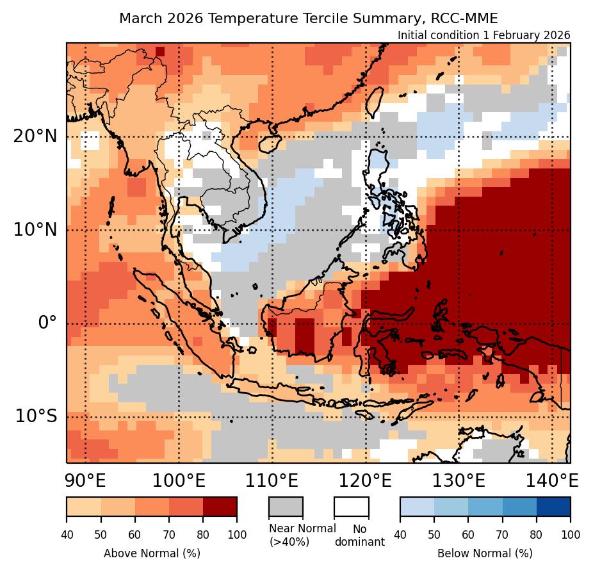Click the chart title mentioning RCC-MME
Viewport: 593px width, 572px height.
tap(308, 18)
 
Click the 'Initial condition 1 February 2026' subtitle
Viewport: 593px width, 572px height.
tap(483, 35)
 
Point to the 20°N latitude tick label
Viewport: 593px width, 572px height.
tap(35, 136)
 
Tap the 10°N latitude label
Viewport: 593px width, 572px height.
tap(35, 229)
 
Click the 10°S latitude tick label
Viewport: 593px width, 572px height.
tap(36, 416)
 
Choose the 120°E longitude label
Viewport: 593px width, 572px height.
tap(366, 480)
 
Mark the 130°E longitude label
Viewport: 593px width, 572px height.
tap(459, 480)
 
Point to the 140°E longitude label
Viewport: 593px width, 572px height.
tap(551, 480)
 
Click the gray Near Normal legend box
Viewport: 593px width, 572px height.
tap(285, 506)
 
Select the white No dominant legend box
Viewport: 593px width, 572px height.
tap(351, 506)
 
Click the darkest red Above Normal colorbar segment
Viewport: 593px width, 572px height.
tap(220, 506)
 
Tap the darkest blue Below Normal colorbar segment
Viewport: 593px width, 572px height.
tap(553, 506)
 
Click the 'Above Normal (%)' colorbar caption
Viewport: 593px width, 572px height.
tap(152, 553)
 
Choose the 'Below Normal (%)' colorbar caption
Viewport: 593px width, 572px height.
tap(485, 553)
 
